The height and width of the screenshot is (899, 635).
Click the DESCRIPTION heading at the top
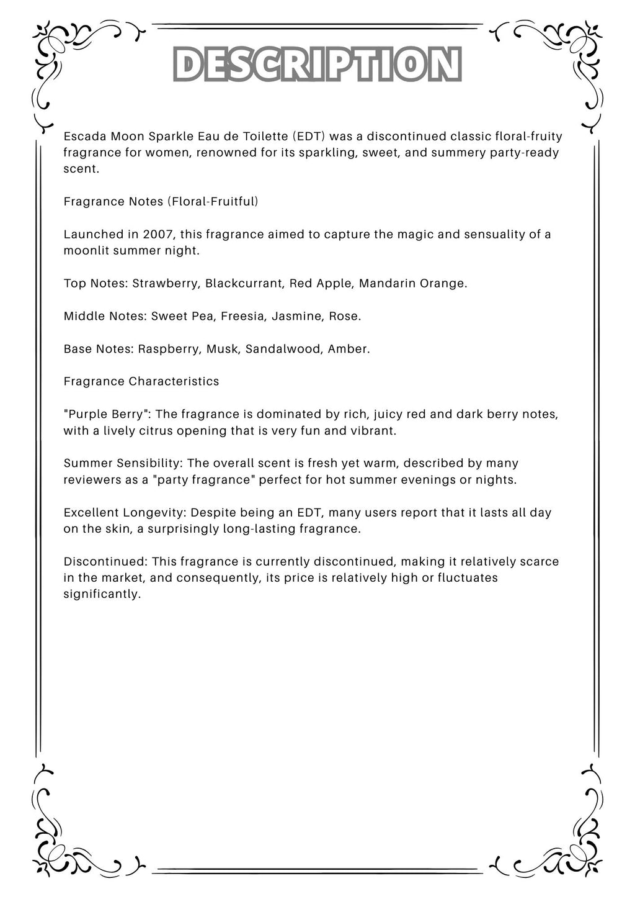317,64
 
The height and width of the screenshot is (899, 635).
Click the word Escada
85,136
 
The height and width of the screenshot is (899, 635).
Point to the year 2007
158,234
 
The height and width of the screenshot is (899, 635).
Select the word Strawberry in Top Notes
166,284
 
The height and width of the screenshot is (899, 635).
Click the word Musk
223,349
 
